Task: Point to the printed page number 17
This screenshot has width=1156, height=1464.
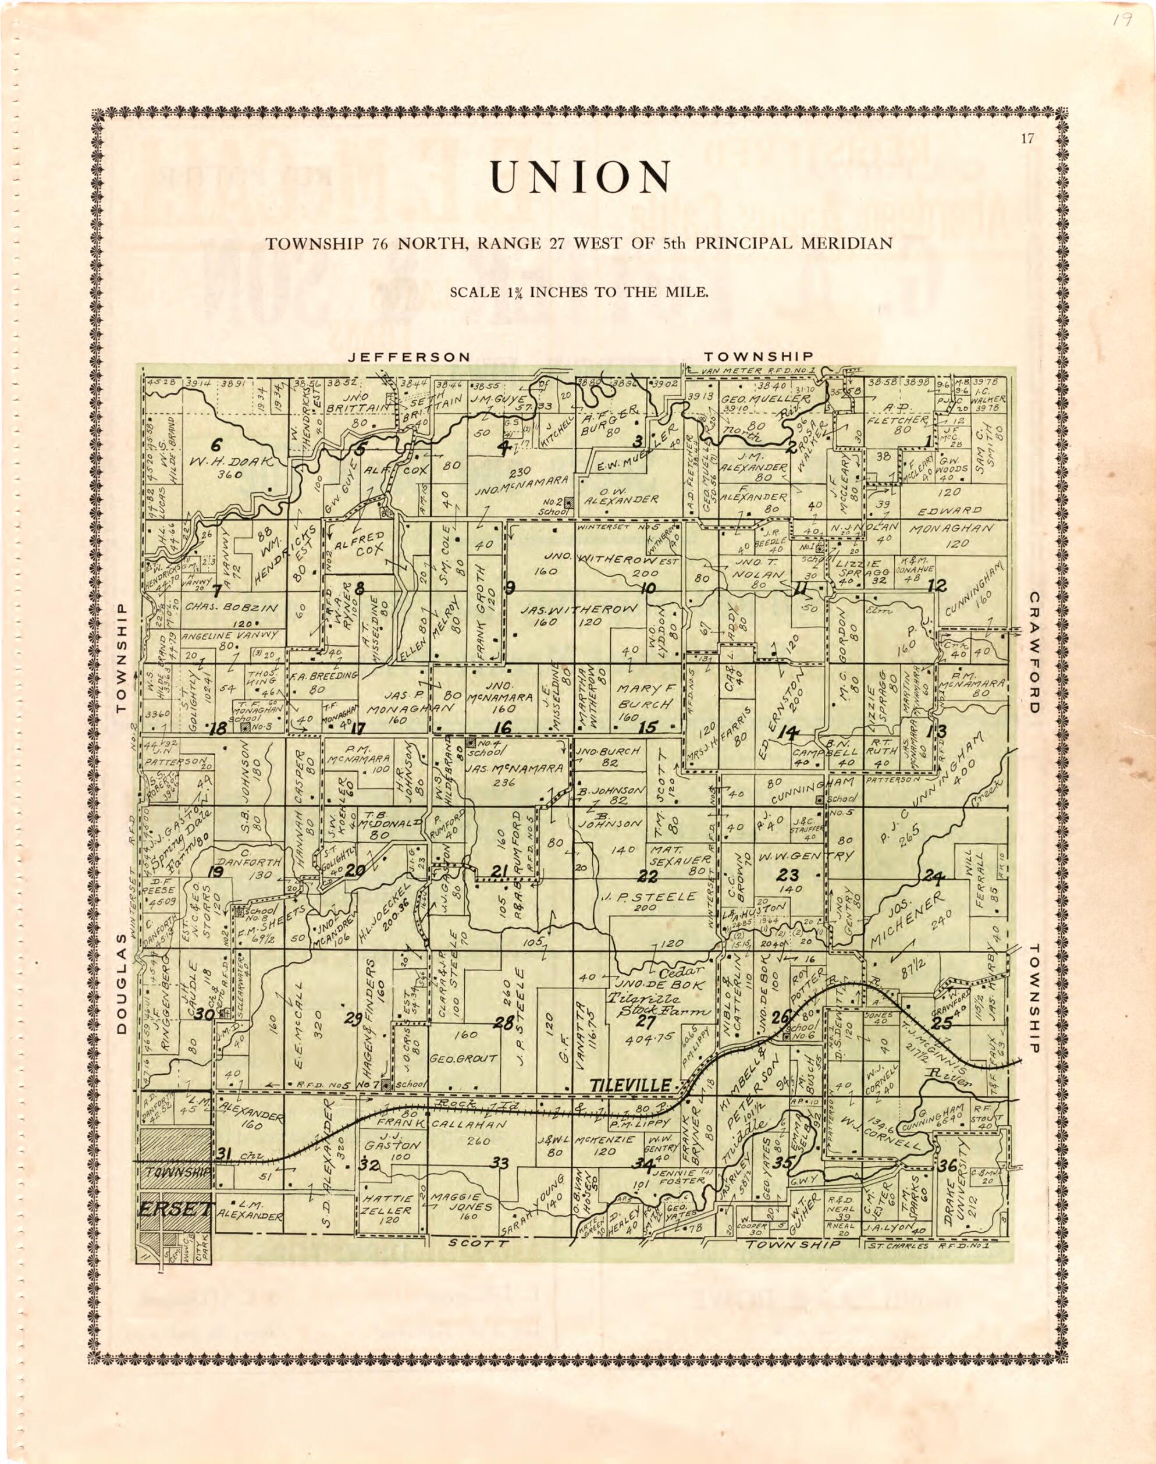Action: click(1027, 140)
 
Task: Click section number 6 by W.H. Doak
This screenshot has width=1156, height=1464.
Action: click(215, 445)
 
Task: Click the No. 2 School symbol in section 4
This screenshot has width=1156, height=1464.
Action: click(569, 502)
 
